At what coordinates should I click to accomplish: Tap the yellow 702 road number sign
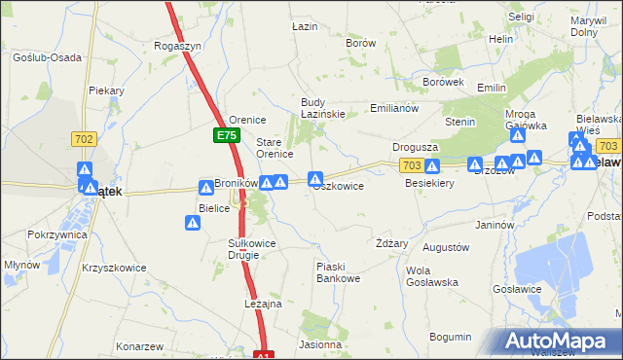(83, 140)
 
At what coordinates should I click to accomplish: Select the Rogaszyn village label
(177, 46)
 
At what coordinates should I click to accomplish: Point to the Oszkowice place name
(339, 186)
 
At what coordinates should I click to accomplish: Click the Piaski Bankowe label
(339, 272)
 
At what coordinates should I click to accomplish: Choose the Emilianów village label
(394, 108)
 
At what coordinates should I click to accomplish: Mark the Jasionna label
(321, 344)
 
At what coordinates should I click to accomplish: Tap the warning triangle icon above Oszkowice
(315, 178)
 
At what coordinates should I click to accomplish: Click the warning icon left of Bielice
(193, 223)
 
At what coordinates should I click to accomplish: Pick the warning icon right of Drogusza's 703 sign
(432, 165)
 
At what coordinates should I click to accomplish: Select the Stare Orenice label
(275, 148)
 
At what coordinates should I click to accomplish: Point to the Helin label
(501, 39)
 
